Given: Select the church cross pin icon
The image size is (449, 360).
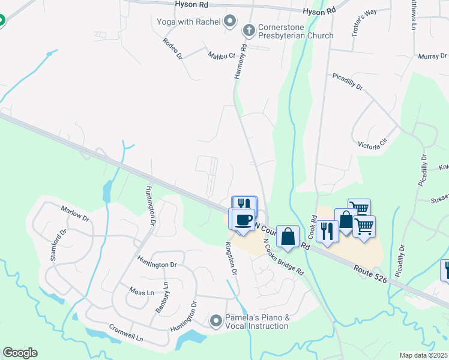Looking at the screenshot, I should (x=249, y=29).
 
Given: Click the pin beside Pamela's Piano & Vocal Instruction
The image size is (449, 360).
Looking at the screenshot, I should (x=216, y=322).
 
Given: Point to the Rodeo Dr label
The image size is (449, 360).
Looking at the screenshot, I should (x=172, y=49).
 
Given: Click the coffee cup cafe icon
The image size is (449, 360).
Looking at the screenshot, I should (x=243, y=220).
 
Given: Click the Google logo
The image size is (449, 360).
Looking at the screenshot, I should (x=20, y=353).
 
